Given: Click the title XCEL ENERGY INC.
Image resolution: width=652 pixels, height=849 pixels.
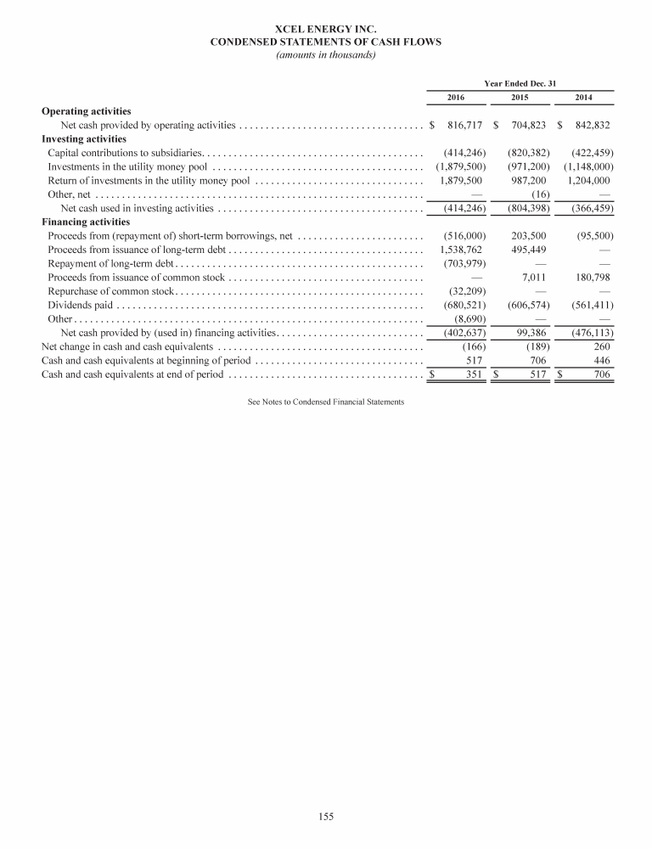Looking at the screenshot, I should pyautogui.click(x=325, y=31).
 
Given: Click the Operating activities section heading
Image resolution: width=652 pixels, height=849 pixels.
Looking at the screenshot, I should pyautogui.click(x=86, y=111).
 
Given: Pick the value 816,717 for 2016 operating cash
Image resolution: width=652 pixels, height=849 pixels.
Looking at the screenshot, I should pyautogui.click(x=465, y=126).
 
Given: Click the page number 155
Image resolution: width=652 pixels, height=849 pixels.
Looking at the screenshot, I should pyautogui.click(x=326, y=817).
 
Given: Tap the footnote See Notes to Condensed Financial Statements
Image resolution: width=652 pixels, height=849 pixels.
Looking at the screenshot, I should pyautogui.click(x=326, y=401).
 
